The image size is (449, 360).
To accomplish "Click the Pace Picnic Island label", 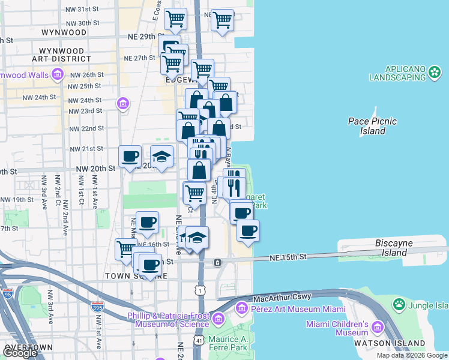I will (x=372, y=126).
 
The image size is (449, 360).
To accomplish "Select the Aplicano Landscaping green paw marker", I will (x=435, y=73).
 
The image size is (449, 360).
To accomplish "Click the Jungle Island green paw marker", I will (x=399, y=305).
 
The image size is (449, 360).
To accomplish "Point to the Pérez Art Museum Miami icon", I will (x=242, y=308).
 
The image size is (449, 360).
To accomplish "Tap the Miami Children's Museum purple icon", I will (x=377, y=328).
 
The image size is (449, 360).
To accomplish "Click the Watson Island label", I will (x=399, y=344).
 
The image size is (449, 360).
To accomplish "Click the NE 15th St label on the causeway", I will (x=288, y=257).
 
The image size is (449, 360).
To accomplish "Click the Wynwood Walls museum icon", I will (x=58, y=75).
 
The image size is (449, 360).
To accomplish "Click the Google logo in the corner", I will (x=20, y=353).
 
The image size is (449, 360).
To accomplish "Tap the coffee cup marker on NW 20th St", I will (x=130, y=158).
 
